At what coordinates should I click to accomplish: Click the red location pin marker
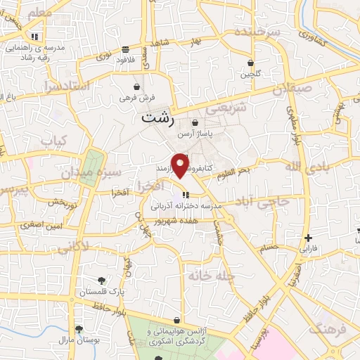tap(181, 165)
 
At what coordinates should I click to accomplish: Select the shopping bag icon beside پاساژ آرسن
tap(194, 123)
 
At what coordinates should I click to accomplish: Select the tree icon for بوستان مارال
tap(79, 329)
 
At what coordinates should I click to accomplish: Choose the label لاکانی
tap(71, 247)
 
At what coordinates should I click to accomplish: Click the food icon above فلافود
tap(126, 49)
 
